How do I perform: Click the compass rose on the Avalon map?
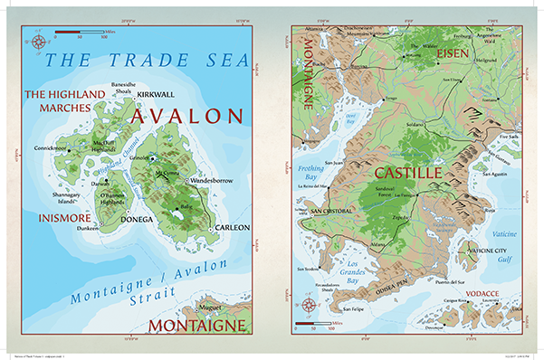point(37,40)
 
